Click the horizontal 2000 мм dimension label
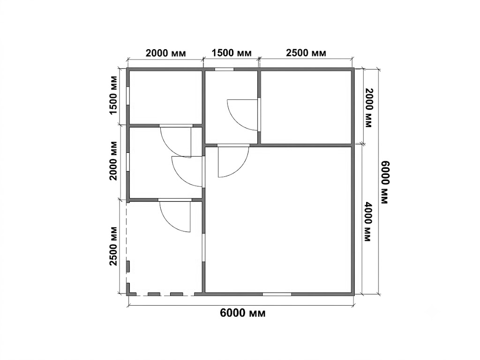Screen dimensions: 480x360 tap(165, 53)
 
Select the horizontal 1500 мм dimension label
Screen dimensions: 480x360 tap(232, 53)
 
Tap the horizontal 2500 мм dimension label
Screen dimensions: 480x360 tap(306, 53)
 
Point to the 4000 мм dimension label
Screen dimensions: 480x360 tap(368, 221)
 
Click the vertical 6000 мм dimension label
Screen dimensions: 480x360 tap(384, 182)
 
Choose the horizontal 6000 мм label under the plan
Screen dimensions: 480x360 tap(243, 313)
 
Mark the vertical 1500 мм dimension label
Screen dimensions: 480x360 tap(113, 95)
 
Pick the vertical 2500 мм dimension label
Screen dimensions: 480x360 tap(113, 246)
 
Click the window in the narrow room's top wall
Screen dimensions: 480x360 tap(225, 69)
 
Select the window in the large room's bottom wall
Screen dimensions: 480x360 tap(277, 294)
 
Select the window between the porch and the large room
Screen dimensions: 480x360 tap(203, 248)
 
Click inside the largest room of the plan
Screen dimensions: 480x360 tap(278, 220)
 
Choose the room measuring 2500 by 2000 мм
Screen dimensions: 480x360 tap(306, 107)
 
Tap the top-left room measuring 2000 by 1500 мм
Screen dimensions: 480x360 tap(165, 97)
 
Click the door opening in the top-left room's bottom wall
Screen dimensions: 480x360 tap(176, 126)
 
